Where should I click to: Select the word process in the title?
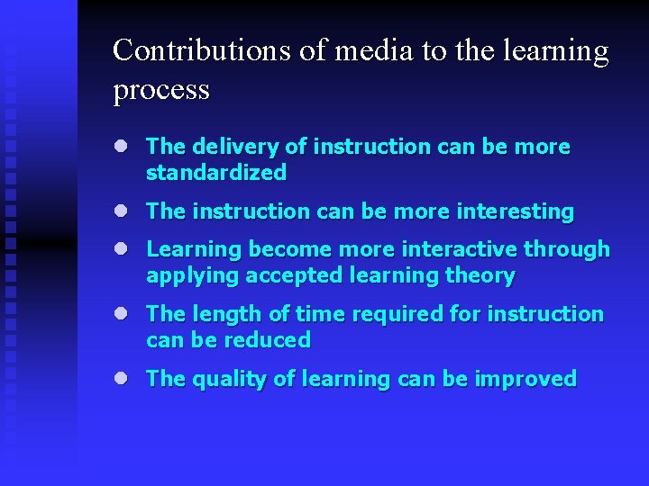pos(161,90)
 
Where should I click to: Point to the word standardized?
pos(216,172)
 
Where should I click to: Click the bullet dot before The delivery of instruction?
pos(121,147)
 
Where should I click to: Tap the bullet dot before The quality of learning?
pos(121,379)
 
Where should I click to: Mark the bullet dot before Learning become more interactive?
pos(121,249)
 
